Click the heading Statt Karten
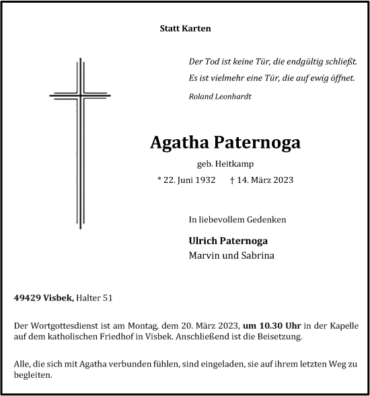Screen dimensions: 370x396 [x=185, y=28]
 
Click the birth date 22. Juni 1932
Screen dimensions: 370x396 [x=186, y=180]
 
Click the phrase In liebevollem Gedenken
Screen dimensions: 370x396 [x=238, y=220]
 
